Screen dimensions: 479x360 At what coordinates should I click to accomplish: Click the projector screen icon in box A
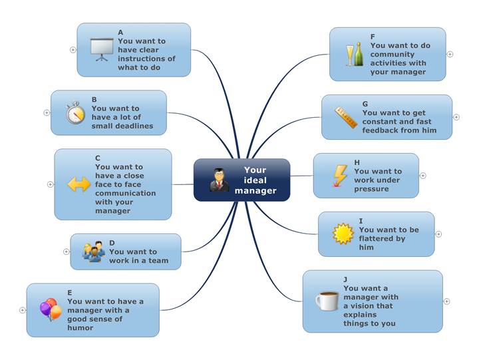tap(102, 49)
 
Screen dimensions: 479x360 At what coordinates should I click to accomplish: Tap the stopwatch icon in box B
tap(75, 112)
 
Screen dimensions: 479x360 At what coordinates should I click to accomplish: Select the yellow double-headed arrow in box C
tap(79, 184)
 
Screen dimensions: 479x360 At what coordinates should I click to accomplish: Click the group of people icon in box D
tap(94, 252)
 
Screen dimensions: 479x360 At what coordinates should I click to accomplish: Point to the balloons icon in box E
tap(51, 309)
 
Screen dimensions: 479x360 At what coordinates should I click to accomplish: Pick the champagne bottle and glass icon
tap(355, 54)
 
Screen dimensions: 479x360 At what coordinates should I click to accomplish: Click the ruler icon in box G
tap(346, 117)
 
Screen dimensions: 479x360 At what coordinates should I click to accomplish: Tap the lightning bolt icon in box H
tap(340, 176)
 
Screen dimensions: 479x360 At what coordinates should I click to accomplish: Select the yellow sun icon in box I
tap(343, 234)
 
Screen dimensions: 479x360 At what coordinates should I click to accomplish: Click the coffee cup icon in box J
tap(327, 301)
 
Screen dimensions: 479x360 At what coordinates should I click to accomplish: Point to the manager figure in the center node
tap(220, 180)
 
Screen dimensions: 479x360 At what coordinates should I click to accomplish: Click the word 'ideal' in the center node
tap(255, 180)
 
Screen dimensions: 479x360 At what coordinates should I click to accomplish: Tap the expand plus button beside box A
tap(73, 50)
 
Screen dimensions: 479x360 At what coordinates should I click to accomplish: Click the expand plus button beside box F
tap(450, 55)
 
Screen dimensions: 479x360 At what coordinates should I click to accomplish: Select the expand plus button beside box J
tap(446, 301)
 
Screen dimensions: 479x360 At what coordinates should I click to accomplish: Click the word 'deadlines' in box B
tap(136, 126)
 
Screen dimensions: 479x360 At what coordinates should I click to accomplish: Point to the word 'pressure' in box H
tap(371, 189)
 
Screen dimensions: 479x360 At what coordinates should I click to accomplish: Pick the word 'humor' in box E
tap(80, 327)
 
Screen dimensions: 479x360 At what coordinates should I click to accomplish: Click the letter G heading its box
tap(365, 104)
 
